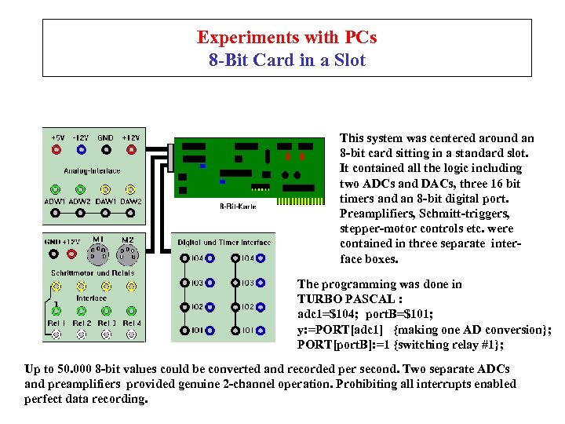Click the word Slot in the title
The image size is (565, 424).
point(348,60)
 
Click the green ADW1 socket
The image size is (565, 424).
point(55,189)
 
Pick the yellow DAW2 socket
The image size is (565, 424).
point(130,189)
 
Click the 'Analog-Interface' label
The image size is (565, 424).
point(93,170)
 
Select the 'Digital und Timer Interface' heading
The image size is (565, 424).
point(223,243)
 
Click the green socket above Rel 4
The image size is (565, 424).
point(131,311)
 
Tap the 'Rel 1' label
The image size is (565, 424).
point(56,323)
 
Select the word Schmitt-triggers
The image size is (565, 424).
point(476,214)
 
